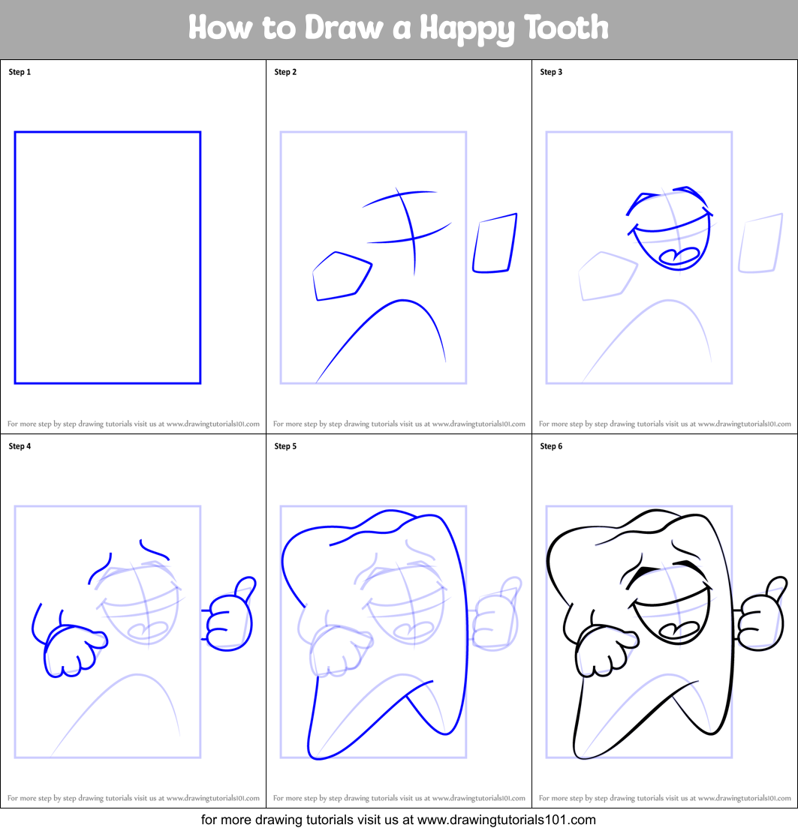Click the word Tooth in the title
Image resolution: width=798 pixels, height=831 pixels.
566,28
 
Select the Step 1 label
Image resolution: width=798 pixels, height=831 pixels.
20,72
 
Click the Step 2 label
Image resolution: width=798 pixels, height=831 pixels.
285,72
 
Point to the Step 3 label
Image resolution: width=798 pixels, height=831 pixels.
551,72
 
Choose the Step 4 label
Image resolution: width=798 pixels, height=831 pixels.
20,446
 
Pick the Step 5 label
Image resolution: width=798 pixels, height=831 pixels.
285,446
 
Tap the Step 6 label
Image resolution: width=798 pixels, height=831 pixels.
551,446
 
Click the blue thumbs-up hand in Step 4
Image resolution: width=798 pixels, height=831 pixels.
230,615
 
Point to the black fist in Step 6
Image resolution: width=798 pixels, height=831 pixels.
603,649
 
